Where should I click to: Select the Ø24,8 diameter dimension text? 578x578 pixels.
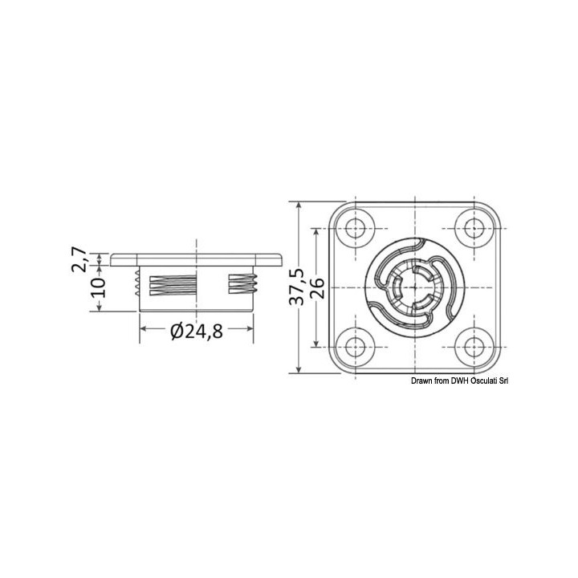click(x=193, y=330)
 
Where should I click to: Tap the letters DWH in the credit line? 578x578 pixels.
click(x=465, y=382)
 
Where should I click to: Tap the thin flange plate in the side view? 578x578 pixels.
click(x=197, y=260)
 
